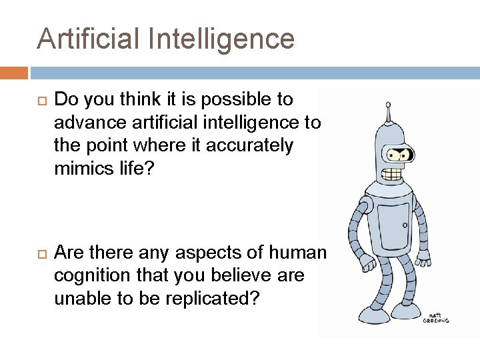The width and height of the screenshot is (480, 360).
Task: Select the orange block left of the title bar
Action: pyautogui.click(x=14, y=73)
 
